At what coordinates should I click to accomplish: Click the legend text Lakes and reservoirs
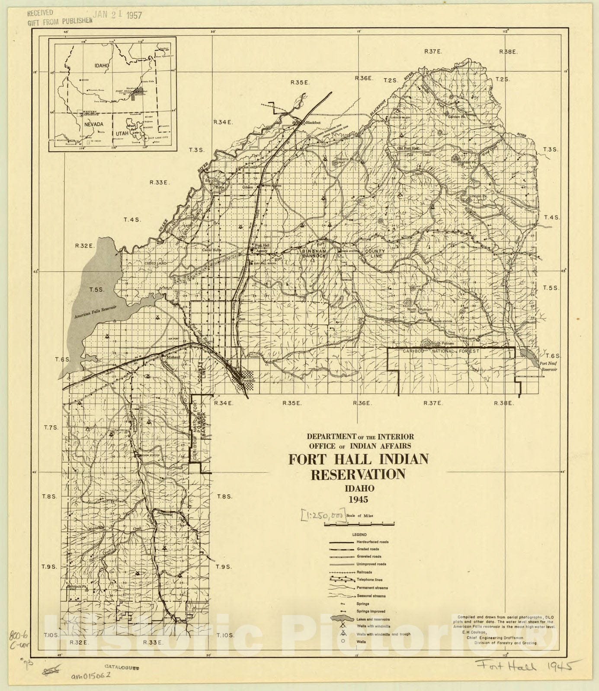click(x=373, y=619)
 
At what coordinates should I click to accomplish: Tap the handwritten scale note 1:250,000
click(x=324, y=516)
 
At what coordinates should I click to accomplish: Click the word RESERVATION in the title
click(x=358, y=474)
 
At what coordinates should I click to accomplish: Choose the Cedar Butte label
click(x=211, y=250)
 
